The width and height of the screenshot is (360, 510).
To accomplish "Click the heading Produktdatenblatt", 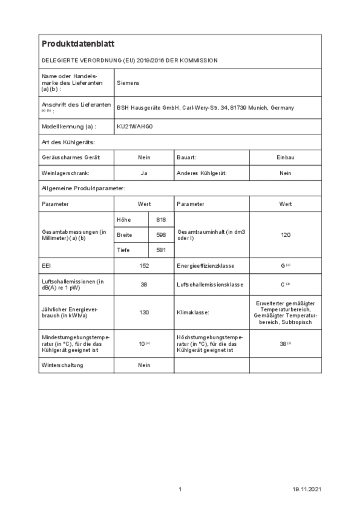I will (78, 44).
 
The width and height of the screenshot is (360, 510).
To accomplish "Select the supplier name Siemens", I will (128, 83).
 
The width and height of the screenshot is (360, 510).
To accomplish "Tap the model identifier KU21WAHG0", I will (135, 127).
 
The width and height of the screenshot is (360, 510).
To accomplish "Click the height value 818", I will (161, 220).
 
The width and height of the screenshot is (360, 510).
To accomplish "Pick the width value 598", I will (161, 235).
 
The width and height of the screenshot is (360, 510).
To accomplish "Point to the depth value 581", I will (161, 250).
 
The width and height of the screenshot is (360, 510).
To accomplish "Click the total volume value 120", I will (286, 235).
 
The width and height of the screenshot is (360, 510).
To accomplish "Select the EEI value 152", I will (144, 266).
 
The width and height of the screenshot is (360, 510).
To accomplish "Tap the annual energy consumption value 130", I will (144, 312).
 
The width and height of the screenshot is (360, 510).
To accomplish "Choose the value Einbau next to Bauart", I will (286, 157).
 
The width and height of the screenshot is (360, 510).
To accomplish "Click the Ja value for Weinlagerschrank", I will (144, 173).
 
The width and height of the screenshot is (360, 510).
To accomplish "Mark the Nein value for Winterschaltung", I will (144, 365).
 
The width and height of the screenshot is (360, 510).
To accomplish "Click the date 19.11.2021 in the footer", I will (306, 489).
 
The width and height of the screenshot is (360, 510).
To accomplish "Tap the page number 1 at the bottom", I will (180, 489).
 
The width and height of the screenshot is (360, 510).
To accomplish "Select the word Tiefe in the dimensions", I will (123, 250).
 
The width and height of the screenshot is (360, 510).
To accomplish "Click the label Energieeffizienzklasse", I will (205, 266).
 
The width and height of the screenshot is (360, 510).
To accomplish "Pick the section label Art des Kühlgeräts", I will (68, 142).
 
